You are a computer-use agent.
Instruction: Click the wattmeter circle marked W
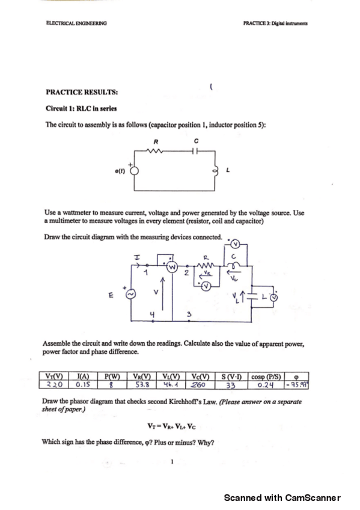[x=171, y=265]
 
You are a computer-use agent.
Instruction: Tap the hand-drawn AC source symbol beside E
[x=130, y=294]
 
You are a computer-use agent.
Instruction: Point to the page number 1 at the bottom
[x=172, y=462]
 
